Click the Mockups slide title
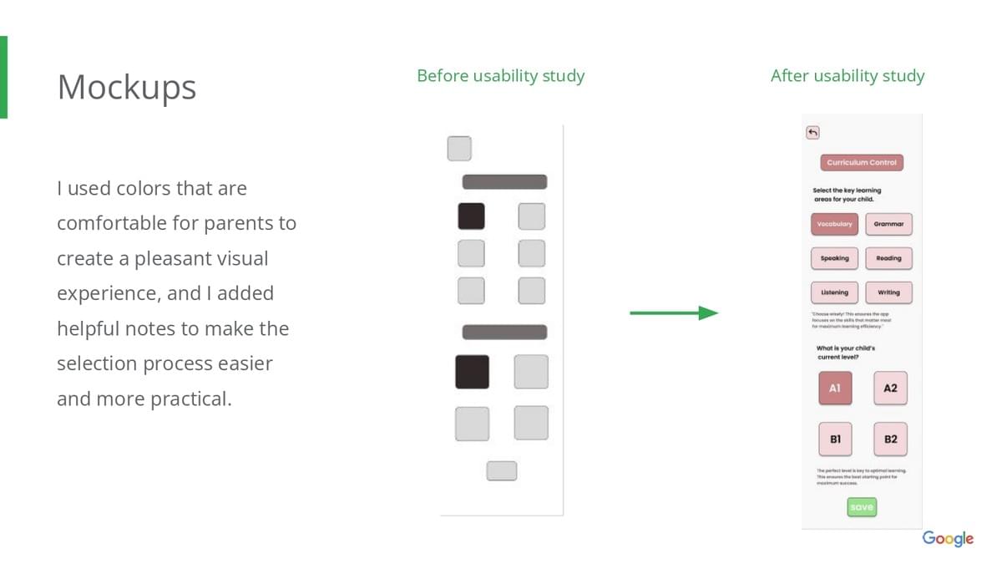tap(127, 87)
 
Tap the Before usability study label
tap(500, 76)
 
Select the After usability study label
tap(847, 76)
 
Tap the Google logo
tap(948, 538)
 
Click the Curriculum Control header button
tap(862, 163)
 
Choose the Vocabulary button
tap(834, 224)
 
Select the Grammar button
tap(888, 224)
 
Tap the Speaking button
tap(834, 258)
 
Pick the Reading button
tap(888, 258)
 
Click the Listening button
tap(834, 292)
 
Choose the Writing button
tap(888, 292)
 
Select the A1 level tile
tap(835, 389)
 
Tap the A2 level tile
tap(890, 389)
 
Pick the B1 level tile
tap(835, 439)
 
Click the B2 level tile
tap(890, 439)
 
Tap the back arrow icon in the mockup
tap(812, 132)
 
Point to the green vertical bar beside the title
tap(3, 77)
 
